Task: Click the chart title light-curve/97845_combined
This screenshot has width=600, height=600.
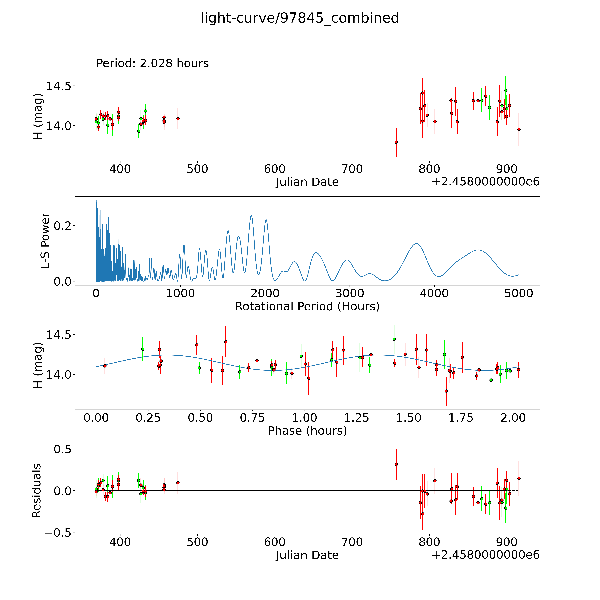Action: coord(300,18)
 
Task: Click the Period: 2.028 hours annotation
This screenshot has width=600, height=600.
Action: coord(152,63)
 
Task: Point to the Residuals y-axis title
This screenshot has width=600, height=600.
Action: coord(37,491)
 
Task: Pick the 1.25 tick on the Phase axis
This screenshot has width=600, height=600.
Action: coord(357,418)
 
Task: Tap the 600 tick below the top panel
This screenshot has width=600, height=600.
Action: coord(275,169)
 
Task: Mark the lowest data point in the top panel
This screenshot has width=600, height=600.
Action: coord(396,142)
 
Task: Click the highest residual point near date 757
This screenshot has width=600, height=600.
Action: coord(396,464)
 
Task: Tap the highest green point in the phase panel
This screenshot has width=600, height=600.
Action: coord(394,339)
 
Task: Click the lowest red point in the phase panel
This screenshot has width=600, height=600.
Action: coord(446,391)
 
